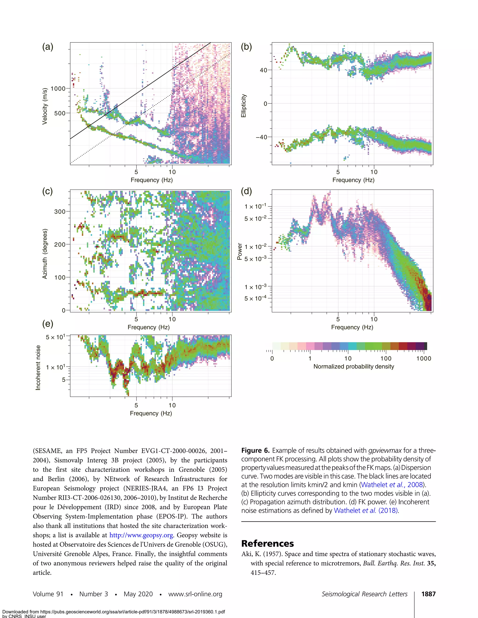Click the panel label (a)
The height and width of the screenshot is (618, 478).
[x=48, y=47]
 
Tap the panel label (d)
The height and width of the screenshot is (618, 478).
[x=246, y=191]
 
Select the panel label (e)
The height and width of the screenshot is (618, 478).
[x=48, y=324]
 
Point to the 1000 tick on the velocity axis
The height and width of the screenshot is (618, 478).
[x=58, y=89]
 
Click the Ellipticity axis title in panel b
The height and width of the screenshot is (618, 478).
[x=243, y=106]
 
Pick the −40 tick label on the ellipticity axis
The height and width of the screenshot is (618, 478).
[x=261, y=137]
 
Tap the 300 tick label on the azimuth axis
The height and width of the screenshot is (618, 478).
[x=60, y=211]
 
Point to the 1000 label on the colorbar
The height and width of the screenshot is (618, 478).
[x=424, y=358]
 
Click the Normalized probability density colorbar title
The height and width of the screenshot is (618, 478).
[x=354, y=366]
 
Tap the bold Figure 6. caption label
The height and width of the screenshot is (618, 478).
[x=255, y=451]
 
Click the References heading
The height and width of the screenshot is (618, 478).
[x=267, y=544]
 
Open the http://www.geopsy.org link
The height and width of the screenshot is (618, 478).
[x=141, y=535]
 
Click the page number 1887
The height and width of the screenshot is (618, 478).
[x=428, y=594]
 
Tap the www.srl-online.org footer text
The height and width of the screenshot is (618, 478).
[x=195, y=594]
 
